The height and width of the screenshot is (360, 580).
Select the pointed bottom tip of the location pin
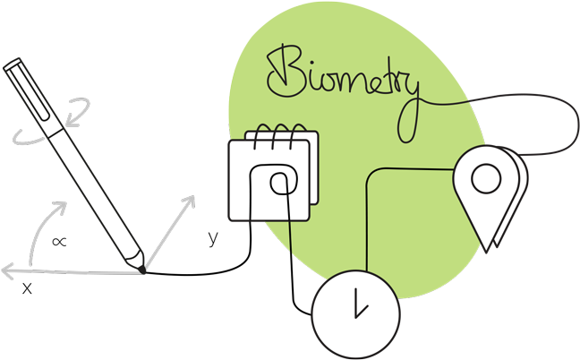[x=486, y=247]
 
